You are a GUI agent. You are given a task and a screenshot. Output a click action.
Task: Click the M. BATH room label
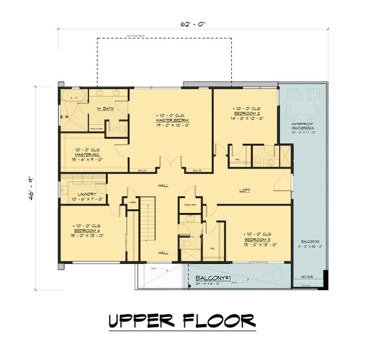(x=105, y=108)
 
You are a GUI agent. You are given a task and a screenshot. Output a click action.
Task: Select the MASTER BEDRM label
(x=172, y=121)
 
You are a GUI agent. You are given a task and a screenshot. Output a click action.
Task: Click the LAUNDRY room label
(x=86, y=194)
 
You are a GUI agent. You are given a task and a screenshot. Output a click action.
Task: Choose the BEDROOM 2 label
(x=248, y=115)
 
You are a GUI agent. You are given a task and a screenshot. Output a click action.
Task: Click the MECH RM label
(x=191, y=205)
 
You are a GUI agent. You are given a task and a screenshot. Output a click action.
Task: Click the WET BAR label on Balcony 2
(x=305, y=278)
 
